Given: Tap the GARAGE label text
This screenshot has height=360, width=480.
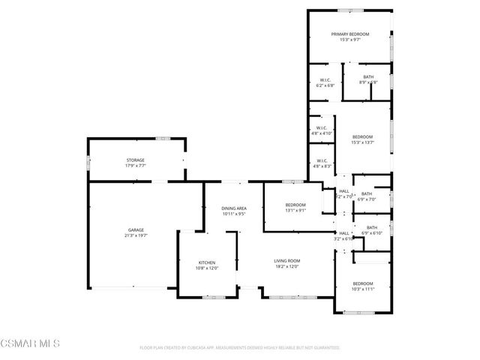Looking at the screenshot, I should click(x=136, y=229).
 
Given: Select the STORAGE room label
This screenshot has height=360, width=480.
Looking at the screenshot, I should click(x=135, y=160).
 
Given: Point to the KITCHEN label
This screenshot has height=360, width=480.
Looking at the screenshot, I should click(x=206, y=262).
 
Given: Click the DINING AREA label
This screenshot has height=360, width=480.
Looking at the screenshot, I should click(x=234, y=208).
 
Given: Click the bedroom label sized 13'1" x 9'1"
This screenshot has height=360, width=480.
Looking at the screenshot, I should click(x=295, y=205).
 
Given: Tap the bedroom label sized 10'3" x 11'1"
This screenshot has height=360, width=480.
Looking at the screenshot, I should click(x=362, y=283).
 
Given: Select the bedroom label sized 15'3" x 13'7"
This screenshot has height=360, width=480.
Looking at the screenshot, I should click(x=362, y=136).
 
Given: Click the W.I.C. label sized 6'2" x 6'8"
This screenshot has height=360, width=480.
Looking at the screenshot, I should click(x=325, y=80).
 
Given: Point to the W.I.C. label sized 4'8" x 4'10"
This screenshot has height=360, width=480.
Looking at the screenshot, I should click(x=321, y=128).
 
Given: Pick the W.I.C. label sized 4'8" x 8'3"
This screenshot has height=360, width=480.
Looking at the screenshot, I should click(x=321, y=160).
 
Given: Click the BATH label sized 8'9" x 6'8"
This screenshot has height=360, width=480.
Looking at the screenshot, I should click(x=368, y=76).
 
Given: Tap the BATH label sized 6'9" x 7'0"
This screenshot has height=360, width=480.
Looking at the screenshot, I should click(x=366, y=194).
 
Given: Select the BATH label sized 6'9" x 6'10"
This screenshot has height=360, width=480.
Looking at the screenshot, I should click(x=372, y=227).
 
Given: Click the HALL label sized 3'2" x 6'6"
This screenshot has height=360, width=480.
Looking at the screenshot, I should click(x=344, y=233).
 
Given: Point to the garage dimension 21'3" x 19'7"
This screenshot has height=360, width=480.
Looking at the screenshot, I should click(x=136, y=235).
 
